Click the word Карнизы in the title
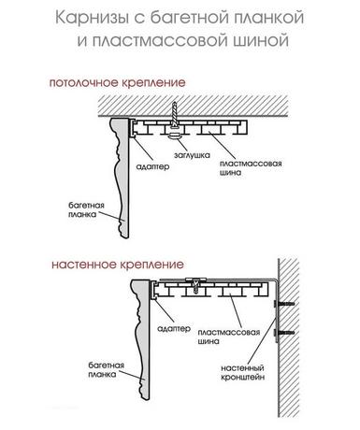(92, 18)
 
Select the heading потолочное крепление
(118, 83)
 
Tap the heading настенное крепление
(118, 265)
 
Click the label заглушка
(192, 155)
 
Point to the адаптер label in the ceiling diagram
(153, 166)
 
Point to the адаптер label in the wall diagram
(174, 328)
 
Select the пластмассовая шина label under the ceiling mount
(251, 168)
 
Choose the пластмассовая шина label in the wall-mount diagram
(229, 337)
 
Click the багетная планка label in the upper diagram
(86, 209)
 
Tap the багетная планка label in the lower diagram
(107, 369)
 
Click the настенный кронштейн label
(243, 372)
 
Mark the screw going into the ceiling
(175, 114)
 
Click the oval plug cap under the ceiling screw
(175, 136)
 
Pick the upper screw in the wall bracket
(283, 304)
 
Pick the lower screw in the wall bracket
(283, 333)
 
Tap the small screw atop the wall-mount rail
(195, 286)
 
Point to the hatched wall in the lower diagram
(288, 337)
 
